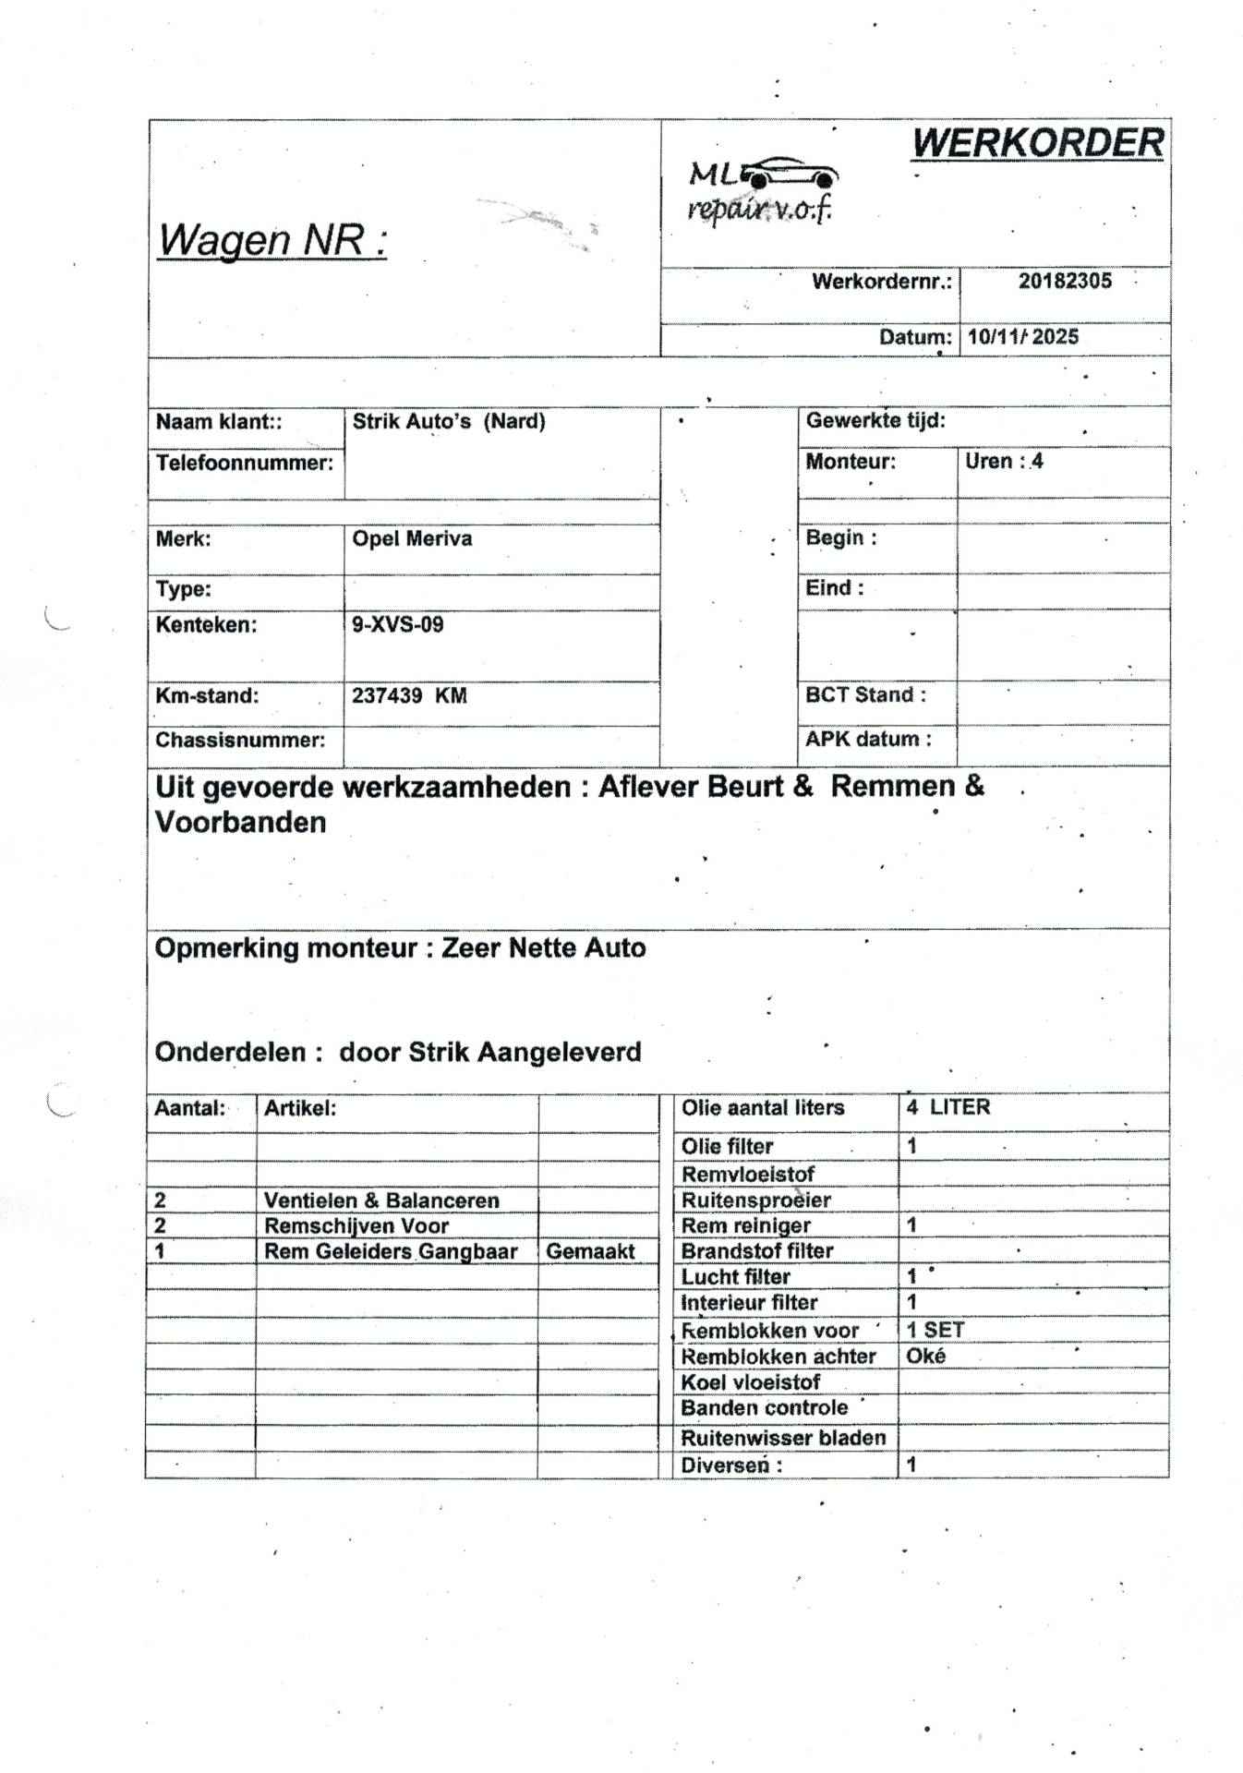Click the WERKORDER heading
(x=1037, y=143)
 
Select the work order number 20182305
(x=1065, y=281)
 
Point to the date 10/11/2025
(x=1022, y=336)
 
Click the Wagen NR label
(x=272, y=240)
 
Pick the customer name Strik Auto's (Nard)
(x=449, y=421)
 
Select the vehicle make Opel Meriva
(x=412, y=538)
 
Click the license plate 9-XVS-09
(x=397, y=624)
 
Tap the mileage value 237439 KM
(x=409, y=695)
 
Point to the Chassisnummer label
(x=240, y=740)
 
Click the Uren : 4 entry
(x=1004, y=461)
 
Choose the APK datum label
(x=868, y=739)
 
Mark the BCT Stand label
(x=865, y=694)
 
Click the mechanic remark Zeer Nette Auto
(x=543, y=947)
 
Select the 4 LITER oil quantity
(x=947, y=1107)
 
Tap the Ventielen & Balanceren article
(x=381, y=1200)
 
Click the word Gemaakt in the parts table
(x=590, y=1251)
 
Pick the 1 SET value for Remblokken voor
(x=935, y=1330)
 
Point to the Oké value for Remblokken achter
(x=925, y=1356)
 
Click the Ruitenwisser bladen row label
(x=783, y=1437)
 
